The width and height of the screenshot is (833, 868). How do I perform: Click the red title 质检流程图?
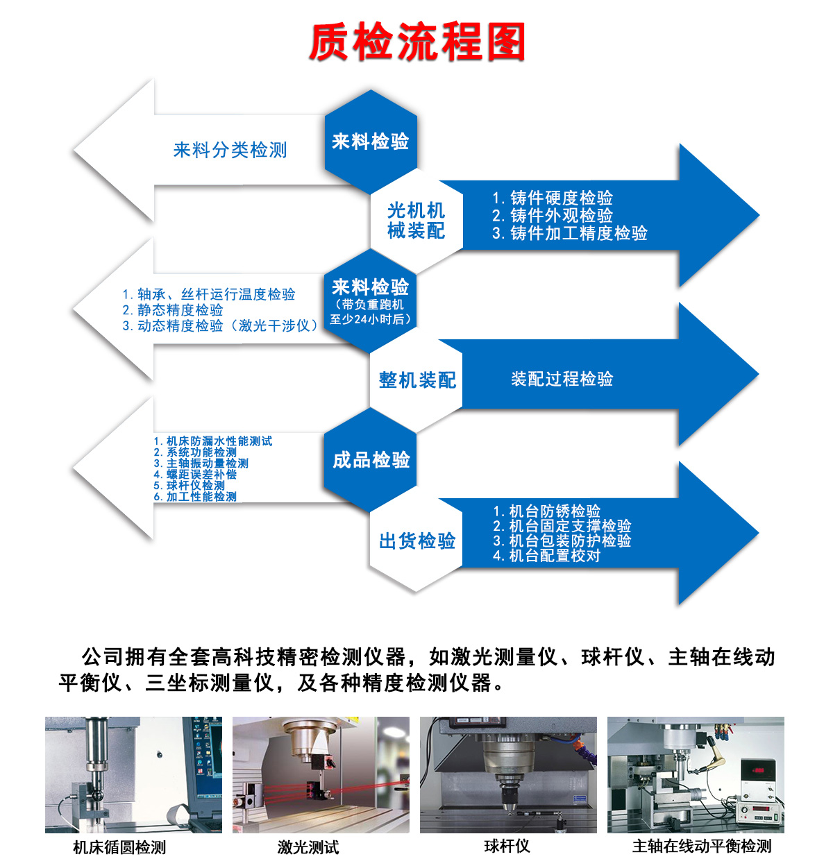pyautogui.click(x=416, y=42)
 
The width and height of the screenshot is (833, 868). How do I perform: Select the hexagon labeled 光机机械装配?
pyautogui.click(x=416, y=221)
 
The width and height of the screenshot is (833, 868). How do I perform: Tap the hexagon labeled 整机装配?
pyautogui.click(x=416, y=380)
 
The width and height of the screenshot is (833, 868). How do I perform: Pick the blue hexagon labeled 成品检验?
pyautogui.click(x=370, y=460)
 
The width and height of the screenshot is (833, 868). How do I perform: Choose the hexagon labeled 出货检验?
pyautogui.click(x=416, y=540)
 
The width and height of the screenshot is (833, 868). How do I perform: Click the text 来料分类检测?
pyautogui.click(x=230, y=150)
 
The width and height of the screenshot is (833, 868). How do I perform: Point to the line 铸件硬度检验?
pyautogui.click(x=553, y=198)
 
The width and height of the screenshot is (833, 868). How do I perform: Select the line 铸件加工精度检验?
pyautogui.click(x=570, y=233)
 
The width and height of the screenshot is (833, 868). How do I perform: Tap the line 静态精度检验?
pyautogui.click(x=173, y=309)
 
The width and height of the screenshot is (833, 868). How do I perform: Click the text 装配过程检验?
pyautogui.click(x=562, y=379)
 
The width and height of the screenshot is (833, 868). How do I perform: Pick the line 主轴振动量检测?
pyautogui.click(x=201, y=463)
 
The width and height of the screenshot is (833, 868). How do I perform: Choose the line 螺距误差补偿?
pyautogui.click(x=195, y=474)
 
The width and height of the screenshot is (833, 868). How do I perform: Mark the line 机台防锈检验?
pyautogui.click(x=546, y=511)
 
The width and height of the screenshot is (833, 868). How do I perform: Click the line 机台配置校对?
pyautogui.click(x=546, y=555)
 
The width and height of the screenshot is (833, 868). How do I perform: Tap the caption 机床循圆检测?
pyautogui.click(x=119, y=847)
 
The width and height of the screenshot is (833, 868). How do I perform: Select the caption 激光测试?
pyautogui.click(x=308, y=847)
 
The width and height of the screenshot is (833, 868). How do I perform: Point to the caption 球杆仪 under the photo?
pyautogui.click(x=507, y=846)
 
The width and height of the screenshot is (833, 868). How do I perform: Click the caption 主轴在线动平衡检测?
pyautogui.click(x=702, y=846)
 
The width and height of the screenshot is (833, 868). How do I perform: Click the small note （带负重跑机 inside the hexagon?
pyautogui.click(x=369, y=305)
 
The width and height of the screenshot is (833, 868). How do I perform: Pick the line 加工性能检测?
pyautogui.click(x=195, y=497)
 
